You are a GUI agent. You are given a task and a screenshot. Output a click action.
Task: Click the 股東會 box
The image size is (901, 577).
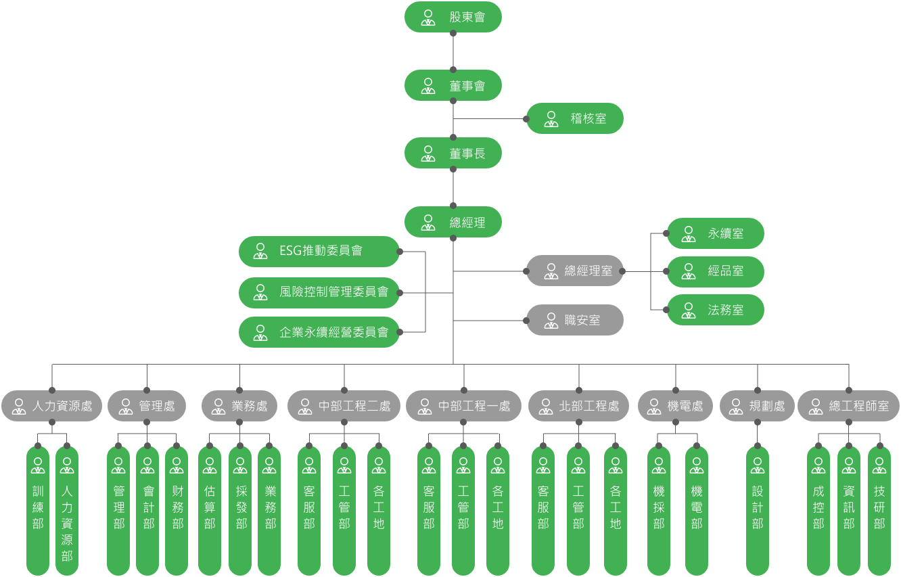(453, 17)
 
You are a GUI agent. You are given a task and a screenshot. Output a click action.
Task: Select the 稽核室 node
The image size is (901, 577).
(575, 119)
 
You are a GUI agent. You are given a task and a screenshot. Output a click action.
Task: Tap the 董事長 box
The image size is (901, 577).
(453, 154)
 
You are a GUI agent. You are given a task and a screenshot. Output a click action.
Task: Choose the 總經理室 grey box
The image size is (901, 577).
(575, 271)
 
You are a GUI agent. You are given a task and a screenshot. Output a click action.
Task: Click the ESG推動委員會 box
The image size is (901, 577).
(319, 251)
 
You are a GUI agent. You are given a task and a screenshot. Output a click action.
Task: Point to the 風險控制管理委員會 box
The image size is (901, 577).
(319, 292)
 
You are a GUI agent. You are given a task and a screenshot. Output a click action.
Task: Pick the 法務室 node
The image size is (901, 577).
(716, 310)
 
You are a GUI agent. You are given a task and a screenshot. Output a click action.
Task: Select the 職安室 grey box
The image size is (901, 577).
(575, 320)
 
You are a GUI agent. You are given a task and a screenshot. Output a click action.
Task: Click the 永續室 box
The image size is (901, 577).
(716, 233)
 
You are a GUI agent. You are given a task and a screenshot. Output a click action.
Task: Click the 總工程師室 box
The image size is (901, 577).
(848, 406)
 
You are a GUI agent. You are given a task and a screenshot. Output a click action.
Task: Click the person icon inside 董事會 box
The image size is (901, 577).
(428, 86)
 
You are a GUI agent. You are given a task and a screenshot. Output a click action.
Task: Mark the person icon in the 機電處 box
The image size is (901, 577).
(654, 407)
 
